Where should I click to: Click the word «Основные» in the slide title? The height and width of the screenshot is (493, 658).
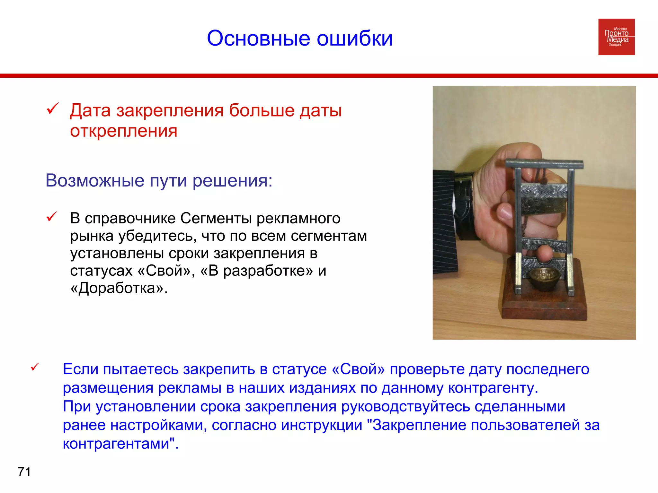(258, 39)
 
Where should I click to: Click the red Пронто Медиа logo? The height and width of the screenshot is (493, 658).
(616, 37)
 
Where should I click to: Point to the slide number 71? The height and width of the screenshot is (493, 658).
(24, 472)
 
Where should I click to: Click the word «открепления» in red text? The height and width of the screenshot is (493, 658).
(124, 131)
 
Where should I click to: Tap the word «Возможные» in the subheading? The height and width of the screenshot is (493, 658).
(95, 180)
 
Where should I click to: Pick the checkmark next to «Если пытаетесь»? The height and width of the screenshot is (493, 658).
(35, 367)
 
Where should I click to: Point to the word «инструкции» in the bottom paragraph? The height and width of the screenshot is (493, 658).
(321, 425)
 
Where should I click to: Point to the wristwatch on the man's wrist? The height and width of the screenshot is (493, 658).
(466, 205)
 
